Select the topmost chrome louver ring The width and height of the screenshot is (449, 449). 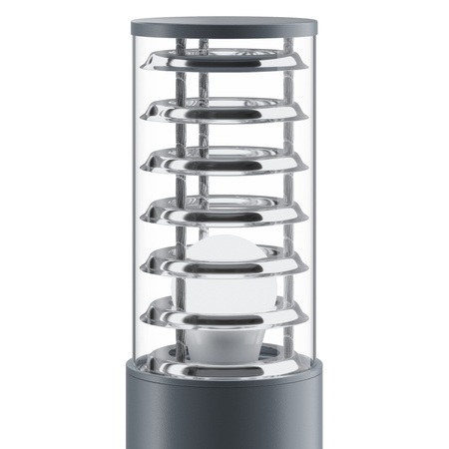224,66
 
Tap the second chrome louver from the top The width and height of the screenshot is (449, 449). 224,114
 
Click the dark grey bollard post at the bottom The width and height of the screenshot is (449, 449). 224,414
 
